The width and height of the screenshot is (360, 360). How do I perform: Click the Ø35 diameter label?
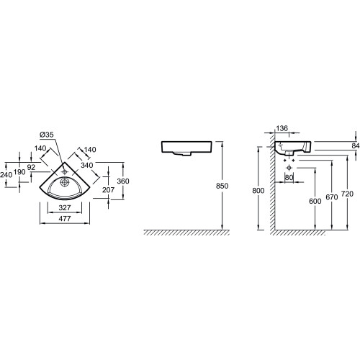[x=47, y=135]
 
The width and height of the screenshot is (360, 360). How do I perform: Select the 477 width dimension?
[x=65, y=218]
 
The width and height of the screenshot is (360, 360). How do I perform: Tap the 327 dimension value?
[x=65, y=207]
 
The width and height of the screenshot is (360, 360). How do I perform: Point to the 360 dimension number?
[x=123, y=181]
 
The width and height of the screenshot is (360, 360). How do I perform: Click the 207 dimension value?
[x=108, y=190]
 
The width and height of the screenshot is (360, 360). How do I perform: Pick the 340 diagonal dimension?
[x=86, y=165]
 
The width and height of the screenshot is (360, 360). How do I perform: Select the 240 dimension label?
[x=6, y=175]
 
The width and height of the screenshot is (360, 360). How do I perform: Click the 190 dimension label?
[x=19, y=172]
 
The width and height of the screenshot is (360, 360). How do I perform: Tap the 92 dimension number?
[x=31, y=167]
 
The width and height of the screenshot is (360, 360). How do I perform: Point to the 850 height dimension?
[x=222, y=186]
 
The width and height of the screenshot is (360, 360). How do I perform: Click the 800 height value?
[x=258, y=191]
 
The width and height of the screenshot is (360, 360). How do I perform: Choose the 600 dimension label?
[x=315, y=201]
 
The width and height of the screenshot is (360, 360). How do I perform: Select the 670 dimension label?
[x=332, y=197]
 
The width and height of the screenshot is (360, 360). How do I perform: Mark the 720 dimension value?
[x=347, y=194]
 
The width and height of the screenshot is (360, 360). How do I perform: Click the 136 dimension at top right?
[x=282, y=128]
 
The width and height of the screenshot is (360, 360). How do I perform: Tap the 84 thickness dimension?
[x=356, y=145]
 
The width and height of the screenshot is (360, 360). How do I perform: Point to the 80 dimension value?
[x=289, y=178]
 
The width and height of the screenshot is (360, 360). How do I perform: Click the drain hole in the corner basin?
[x=65, y=182]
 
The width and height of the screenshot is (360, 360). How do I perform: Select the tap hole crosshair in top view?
[x=64, y=171]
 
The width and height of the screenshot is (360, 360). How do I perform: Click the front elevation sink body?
[x=186, y=148]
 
